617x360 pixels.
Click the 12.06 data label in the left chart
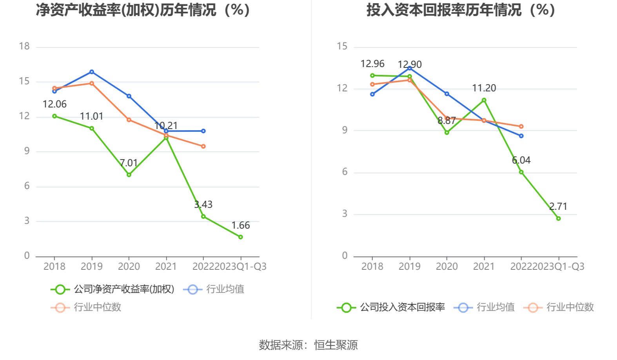pyautogui.click(x=54, y=104)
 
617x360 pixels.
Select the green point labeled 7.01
pyautogui.click(x=129, y=175)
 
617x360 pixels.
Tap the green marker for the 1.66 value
pyautogui.click(x=240, y=237)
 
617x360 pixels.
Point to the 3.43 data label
pyautogui.click(x=203, y=204)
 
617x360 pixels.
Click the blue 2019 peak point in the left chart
pyautogui.click(x=92, y=72)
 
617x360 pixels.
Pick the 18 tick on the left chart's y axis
pyautogui.click(x=24, y=46)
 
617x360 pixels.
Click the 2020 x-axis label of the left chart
pyautogui.click(x=129, y=267)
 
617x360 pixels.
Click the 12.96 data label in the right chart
pyautogui.click(x=372, y=64)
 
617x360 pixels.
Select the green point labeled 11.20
pyautogui.click(x=484, y=100)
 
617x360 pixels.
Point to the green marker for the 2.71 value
pyautogui.click(x=558, y=218)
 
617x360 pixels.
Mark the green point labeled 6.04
pyautogui.click(x=521, y=172)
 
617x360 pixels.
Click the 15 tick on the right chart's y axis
pyautogui.click(x=342, y=46)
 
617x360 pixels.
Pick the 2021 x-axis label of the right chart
pyautogui.click(x=484, y=267)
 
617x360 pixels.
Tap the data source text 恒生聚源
pyautogui.click(x=336, y=345)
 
